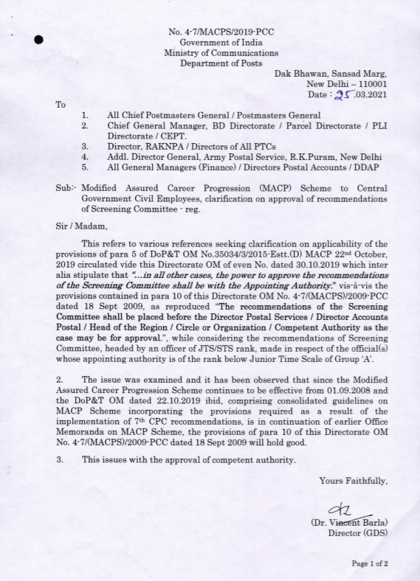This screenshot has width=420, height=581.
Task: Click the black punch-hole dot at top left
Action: tap(41, 41)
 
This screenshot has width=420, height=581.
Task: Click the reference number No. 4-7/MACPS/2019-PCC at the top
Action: tap(210, 32)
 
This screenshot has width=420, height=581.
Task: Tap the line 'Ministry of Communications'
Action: tap(210, 52)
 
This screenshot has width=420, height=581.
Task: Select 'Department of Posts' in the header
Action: tap(210, 63)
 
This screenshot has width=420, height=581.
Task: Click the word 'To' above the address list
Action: tap(61, 105)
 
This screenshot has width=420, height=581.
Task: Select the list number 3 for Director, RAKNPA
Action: tap(86, 146)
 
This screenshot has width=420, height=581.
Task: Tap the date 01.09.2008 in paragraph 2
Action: tap(349, 397)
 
